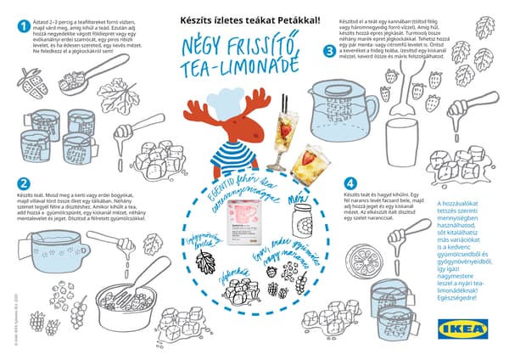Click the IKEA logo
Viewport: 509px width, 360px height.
(x=461, y=329)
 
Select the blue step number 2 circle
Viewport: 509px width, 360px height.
(x=24, y=183)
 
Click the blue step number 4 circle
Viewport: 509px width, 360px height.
(x=350, y=183)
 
